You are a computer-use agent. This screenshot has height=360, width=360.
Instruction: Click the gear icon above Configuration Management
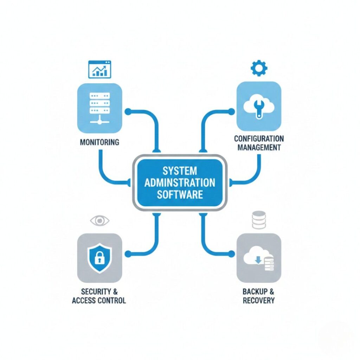pyautogui.click(x=259, y=68)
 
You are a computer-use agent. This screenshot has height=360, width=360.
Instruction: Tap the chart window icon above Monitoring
pyautogui.click(x=99, y=69)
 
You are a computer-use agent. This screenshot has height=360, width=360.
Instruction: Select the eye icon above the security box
pyautogui.click(x=100, y=220)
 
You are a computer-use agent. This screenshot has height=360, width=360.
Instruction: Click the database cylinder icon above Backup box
pyautogui.click(x=259, y=219)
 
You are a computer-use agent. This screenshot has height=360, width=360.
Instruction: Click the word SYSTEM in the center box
pyautogui.click(x=180, y=172)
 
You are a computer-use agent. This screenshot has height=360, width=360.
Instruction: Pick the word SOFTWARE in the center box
pyautogui.click(x=180, y=194)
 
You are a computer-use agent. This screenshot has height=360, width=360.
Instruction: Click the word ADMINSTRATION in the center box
pyautogui.click(x=180, y=183)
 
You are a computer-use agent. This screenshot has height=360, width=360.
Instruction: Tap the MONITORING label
pyautogui.click(x=99, y=143)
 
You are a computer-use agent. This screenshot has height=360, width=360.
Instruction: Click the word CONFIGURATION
pyautogui.click(x=259, y=139)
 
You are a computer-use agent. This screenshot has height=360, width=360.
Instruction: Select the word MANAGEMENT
pyautogui.click(x=259, y=147)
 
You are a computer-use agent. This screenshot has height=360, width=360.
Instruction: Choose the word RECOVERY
pyautogui.click(x=258, y=301)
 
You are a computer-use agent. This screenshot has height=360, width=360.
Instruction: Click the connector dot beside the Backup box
pyautogui.click(x=231, y=253)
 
